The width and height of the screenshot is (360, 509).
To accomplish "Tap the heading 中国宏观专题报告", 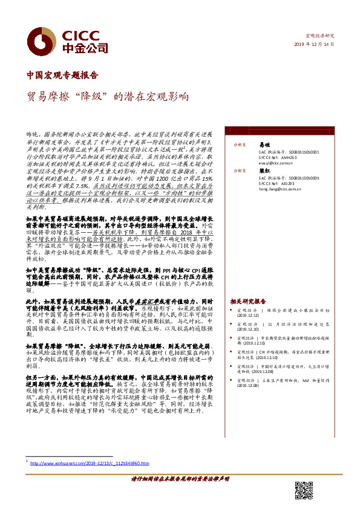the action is coord(62,76).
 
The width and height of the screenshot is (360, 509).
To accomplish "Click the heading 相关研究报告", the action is coord(248,301).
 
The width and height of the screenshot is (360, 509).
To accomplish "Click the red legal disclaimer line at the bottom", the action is coord(180,478).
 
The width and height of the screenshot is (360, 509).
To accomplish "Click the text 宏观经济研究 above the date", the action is coord(321,36).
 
